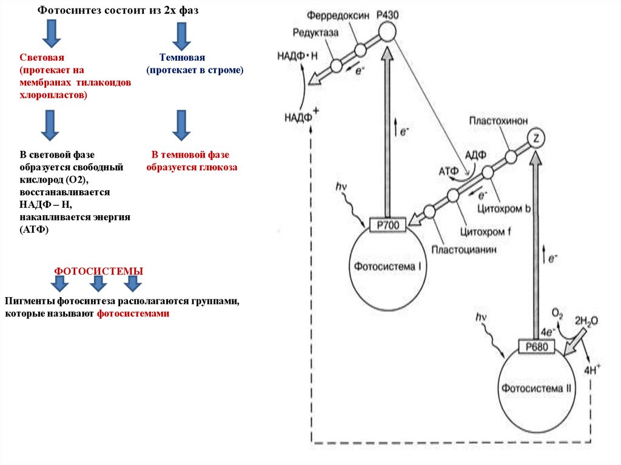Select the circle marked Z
535,139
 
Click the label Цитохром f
483,230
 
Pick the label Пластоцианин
460,249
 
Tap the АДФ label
475,155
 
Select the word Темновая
182,58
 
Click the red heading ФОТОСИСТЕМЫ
99,271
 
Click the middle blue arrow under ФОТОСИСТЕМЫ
97,284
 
